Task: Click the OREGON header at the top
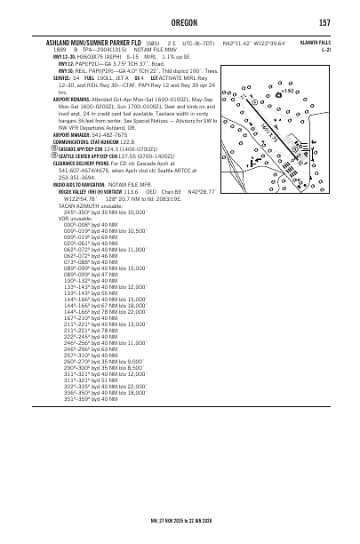tap(180, 21)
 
